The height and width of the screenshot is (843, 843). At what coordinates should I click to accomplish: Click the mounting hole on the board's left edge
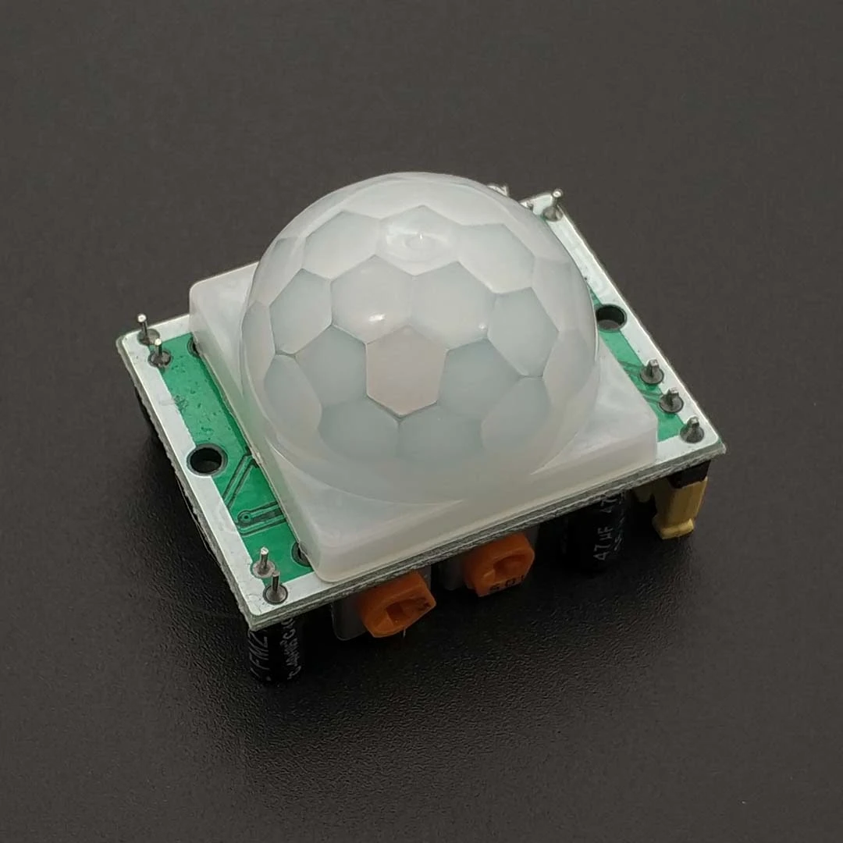pos(207,461)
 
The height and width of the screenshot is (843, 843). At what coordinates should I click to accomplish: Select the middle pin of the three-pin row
pos(670,400)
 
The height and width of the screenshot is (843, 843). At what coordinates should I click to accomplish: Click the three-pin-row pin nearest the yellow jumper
pos(692,429)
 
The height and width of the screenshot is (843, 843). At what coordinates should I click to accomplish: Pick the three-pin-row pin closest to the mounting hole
pos(650,372)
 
